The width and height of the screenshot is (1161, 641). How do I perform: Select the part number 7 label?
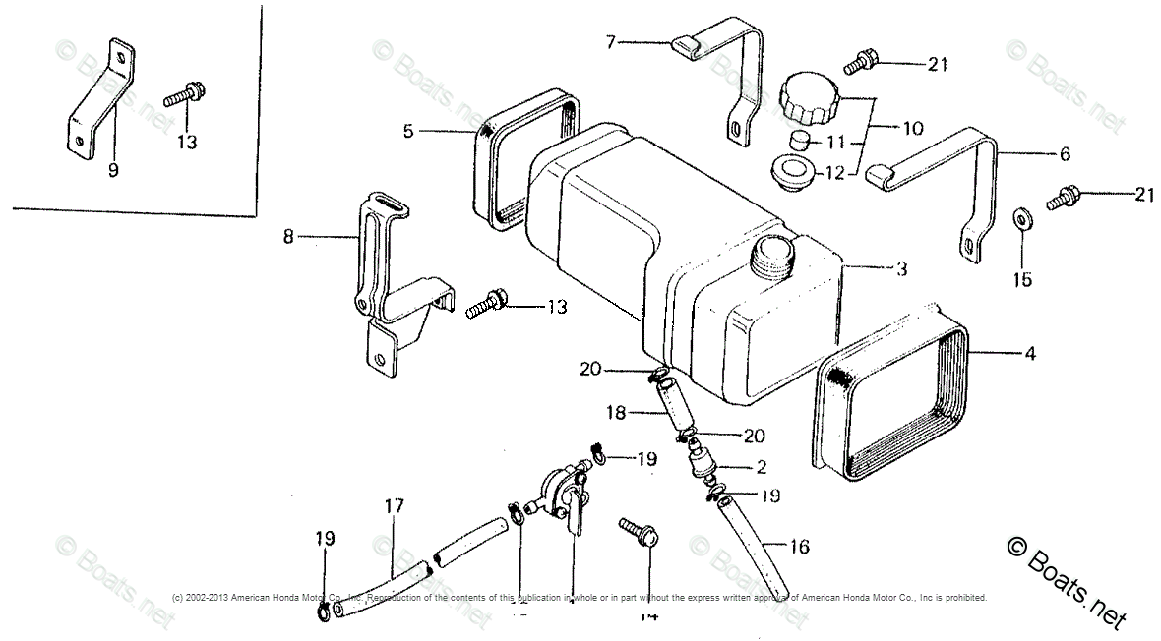click(x=611, y=42)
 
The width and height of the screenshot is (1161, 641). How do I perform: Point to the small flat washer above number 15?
click(x=1022, y=216)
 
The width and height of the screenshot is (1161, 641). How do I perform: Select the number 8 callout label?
click(x=288, y=237)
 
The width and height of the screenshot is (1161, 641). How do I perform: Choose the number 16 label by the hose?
click(x=799, y=548)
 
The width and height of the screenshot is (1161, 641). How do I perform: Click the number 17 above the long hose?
click(x=395, y=507)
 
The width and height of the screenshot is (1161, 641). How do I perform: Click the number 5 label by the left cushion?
click(x=407, y=129)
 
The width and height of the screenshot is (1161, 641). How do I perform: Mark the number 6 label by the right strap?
click(x=1064, y=154)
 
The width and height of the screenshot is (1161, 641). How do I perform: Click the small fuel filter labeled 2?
click(x=703, y=463)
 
